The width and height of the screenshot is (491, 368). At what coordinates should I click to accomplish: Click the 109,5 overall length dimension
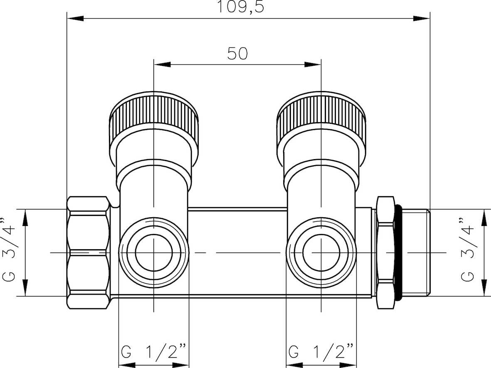pyautogui.click(x=240, y=7)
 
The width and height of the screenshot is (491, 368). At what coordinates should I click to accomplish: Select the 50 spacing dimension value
pyautogui.click(x=237, y=53)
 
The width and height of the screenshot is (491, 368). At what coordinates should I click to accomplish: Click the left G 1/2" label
pyautogui.click(x=153, y=351)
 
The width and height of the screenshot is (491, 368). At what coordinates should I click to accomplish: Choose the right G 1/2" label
pyautogui.click(x=321, y=351)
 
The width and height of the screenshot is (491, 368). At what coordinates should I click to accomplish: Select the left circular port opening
pyautogui.click(x=154, y=252)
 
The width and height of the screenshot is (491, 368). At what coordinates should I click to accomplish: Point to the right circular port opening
pyautogui.click(x=321, y=252)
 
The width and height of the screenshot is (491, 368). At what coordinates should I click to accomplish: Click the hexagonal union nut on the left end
pyautogui.click(x=89, y=252)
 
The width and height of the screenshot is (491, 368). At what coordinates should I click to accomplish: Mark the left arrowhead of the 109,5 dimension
pyautogui.click(x=76, y=18)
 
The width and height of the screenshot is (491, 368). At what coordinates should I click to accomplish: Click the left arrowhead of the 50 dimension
pyautogui.click(x=162, y=64)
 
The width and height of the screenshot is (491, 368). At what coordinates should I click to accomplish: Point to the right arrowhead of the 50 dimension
pyautogui.click(x=313, y=64)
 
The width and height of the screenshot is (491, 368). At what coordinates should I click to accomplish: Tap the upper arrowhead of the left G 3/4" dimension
pyautogui.click(x=25, y=218)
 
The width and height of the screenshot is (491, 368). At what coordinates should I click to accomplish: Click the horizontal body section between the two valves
pyautogui.click(x=237, y=252)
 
